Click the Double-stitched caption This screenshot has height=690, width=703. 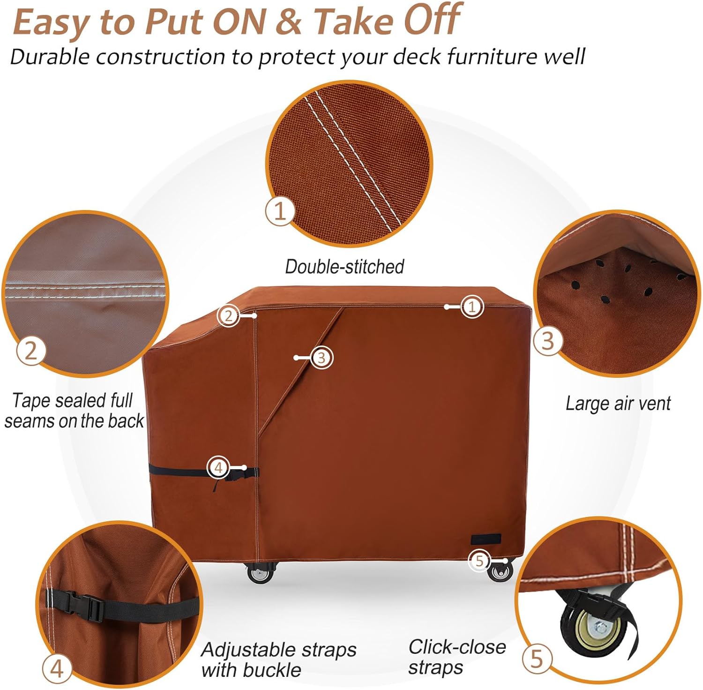click(344, 267)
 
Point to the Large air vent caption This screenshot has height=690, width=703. click(618, 404)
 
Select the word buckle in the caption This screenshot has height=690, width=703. click(275, 670)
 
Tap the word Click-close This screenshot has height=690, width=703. click(457, 647)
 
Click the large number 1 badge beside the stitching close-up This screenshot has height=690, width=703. click(280, 211)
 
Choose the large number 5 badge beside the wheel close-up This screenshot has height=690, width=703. click(536, 659)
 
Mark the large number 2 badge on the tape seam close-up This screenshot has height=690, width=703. click(31, 350)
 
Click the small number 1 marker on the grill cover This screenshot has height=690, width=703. click(471, 307)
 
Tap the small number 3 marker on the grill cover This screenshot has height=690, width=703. click(321, 358)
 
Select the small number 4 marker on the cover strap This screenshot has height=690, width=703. click(218, 467)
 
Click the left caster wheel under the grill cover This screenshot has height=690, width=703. click(259, 573)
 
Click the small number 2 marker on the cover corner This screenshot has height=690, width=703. click(228, 316)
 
